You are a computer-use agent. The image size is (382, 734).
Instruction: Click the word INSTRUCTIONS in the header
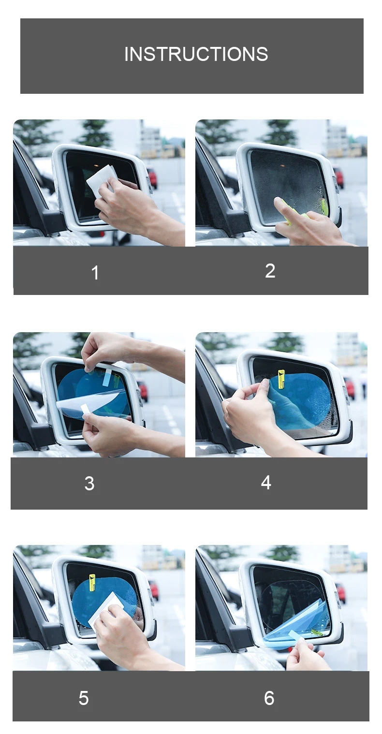pyautogui.click(x=196, y=54)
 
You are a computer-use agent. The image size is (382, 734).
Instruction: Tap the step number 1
pyautogui.click(x=95, y=273)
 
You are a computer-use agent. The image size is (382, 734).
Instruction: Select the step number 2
pyautogui.click(x=270, y=271)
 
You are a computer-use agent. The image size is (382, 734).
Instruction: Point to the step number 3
pyautogui.click(x=89, y=484)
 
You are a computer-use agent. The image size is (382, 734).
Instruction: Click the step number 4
pyautogui.click(x=266, y=482)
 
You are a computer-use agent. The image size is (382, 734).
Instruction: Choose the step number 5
pyautogui.click(x=84, y=698)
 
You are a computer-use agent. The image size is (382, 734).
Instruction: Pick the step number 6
pyautogui.click(x=269, y=698)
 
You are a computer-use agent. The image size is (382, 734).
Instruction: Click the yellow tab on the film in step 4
pyautogui.click(x=281, y=379)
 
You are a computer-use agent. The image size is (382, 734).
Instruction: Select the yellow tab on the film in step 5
pyautogui.click(x=92, y=583)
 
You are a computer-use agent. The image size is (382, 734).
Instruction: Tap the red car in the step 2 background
pyautogui.click(x=339, y=177)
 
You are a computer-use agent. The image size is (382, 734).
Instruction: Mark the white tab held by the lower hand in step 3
pyautogui.click(x=86, y=410)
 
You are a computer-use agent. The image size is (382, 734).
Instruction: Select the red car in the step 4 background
pyautogui.click(x=349, y=388)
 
